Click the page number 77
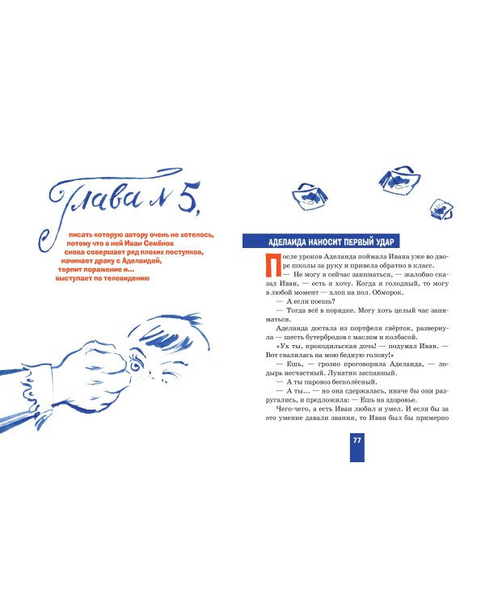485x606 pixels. point(357,440)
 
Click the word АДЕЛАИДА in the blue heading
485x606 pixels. point(286,242)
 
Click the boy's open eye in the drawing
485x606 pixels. point(135,365)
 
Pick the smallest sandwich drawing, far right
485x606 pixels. point(441,209)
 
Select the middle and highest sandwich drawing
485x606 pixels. point(399,179)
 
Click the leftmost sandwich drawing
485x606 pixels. point(310,196)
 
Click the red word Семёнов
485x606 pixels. point(158,243)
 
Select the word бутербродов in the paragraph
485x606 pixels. point(320,338)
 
